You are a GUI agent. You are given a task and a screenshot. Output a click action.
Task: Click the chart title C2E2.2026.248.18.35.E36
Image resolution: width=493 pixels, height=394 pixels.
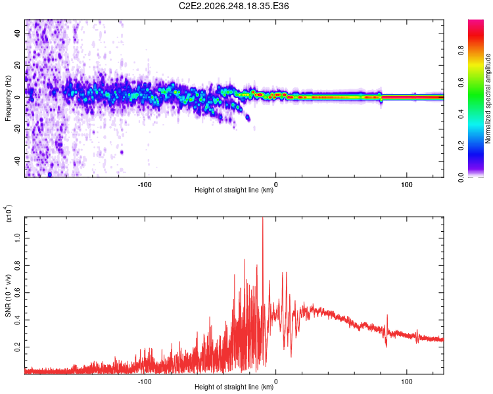233,6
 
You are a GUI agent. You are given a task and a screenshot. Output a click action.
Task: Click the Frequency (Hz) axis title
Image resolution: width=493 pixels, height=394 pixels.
8,98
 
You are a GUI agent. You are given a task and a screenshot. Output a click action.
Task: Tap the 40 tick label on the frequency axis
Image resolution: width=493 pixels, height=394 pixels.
17,33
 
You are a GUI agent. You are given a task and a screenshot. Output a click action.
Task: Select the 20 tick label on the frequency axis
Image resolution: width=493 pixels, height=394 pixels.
17,65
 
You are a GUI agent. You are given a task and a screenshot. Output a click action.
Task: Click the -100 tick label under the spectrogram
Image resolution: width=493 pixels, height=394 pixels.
145,185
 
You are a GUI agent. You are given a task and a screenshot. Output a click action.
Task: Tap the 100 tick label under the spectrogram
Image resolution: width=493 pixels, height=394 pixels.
407,185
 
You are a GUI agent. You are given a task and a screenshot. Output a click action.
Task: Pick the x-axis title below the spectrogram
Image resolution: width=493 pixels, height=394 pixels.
234,190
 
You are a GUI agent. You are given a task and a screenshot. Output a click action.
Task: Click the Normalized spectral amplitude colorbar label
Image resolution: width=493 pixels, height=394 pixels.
488,98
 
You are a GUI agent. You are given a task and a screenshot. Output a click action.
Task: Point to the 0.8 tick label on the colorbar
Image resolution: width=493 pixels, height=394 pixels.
461,51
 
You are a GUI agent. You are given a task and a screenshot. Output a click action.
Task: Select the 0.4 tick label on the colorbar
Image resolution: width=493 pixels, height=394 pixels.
461,114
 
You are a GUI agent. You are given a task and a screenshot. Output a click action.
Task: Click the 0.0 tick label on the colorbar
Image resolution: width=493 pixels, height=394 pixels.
461,178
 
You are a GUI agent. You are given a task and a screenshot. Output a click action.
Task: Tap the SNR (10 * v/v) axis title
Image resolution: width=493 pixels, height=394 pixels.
8,295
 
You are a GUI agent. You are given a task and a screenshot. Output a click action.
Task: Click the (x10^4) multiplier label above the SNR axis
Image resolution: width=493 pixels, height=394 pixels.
8,213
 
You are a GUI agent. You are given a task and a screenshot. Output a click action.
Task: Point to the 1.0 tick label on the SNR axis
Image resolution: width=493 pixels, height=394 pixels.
17,238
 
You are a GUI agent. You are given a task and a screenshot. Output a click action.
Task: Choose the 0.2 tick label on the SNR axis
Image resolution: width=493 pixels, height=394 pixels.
17,347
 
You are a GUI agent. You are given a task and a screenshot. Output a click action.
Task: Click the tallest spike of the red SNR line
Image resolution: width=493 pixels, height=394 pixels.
263,219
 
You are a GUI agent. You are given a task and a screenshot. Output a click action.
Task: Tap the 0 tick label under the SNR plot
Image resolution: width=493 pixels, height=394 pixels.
275,382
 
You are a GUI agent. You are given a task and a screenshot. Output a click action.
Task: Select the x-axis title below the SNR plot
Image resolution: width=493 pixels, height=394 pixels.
234,387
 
